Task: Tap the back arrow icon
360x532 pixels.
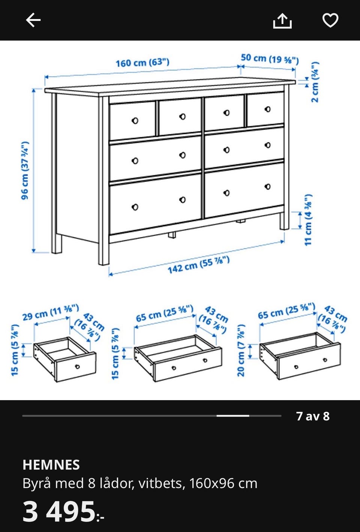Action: click(x=33, y=20)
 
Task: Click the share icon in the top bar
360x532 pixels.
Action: click(x=282, y=21)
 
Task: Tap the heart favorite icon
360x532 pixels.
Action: click(x=330, y=20)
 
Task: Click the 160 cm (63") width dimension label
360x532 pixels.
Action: click(x=142, y=63)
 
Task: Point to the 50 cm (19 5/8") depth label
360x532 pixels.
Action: click(x=270, y=59)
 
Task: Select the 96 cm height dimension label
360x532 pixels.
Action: click(x=25, y=170)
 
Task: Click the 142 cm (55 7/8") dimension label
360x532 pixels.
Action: click(x=198, y=265)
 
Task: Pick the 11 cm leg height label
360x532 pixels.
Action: click(x=308, y=220)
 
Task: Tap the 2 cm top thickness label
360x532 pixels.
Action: click(x=315, y=82)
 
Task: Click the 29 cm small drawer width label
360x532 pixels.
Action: click(x=50, y=312)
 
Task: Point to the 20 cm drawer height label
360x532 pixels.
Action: click(x=241, y=350)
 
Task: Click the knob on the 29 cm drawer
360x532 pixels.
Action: click(x=77, y=367)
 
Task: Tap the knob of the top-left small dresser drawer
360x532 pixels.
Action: click(x=135, y=121)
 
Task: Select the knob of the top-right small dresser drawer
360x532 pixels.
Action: click(x=267, y=109)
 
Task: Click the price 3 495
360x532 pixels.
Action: click(x=58, y=511)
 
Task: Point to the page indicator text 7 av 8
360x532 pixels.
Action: click(x=313, y=416)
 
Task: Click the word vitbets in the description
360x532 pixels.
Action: click(x=160, y=483)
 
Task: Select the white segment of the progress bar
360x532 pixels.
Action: click(x=233, y=415)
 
